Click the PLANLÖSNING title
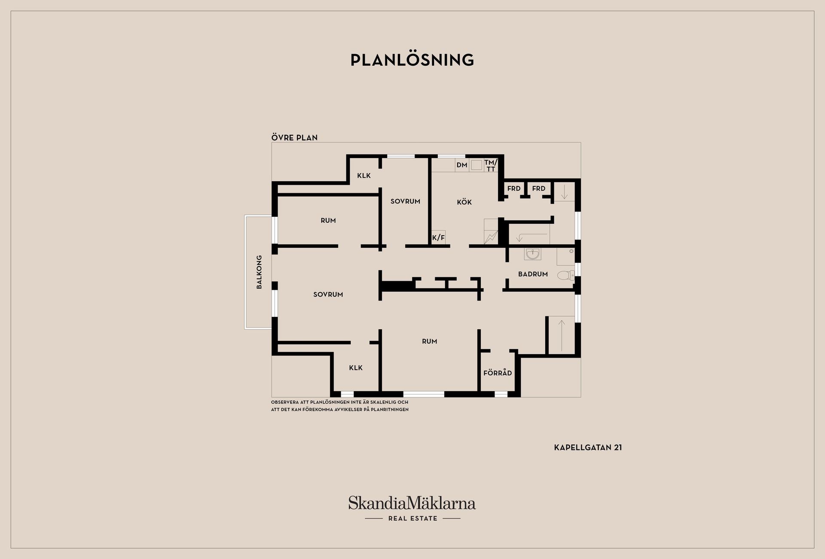coord(412,60)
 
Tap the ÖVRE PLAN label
coord(294,137)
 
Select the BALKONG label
coord(259,272)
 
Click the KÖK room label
coord(464,202)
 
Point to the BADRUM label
coord(533,274)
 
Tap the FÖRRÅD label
coord(498,373)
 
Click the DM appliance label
coord(462,165)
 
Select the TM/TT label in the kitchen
coord(491,165)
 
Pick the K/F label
coord(438,237)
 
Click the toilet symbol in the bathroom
coord(566,275)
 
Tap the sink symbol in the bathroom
coord(532,254)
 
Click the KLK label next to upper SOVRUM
coord(364,176)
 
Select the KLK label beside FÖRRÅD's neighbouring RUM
coord(356,368)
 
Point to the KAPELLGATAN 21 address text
coord(588,447)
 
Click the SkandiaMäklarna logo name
coord(412,503)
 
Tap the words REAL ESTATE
coord(412,519)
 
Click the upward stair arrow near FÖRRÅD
coord(561,335)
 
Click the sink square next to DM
coord(476,165)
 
